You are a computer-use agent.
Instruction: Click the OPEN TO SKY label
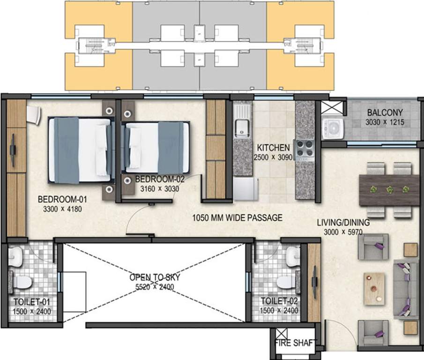point(155,277)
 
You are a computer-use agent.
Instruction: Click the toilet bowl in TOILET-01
point(22,282)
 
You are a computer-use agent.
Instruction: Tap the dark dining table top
point(389,190)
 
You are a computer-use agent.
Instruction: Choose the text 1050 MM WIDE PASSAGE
point(238,217)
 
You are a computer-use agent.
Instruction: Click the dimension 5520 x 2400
point(155,287)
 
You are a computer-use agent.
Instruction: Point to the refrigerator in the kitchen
point(245,189)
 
